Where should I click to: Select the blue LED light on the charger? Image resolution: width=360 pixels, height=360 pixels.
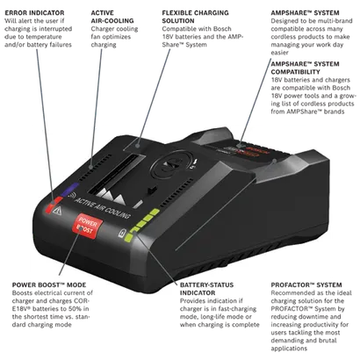tap(67, 190)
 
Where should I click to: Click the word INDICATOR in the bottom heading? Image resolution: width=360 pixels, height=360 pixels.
tap(198, 293)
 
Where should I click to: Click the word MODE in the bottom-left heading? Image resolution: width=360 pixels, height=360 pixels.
tap(77, 285)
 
